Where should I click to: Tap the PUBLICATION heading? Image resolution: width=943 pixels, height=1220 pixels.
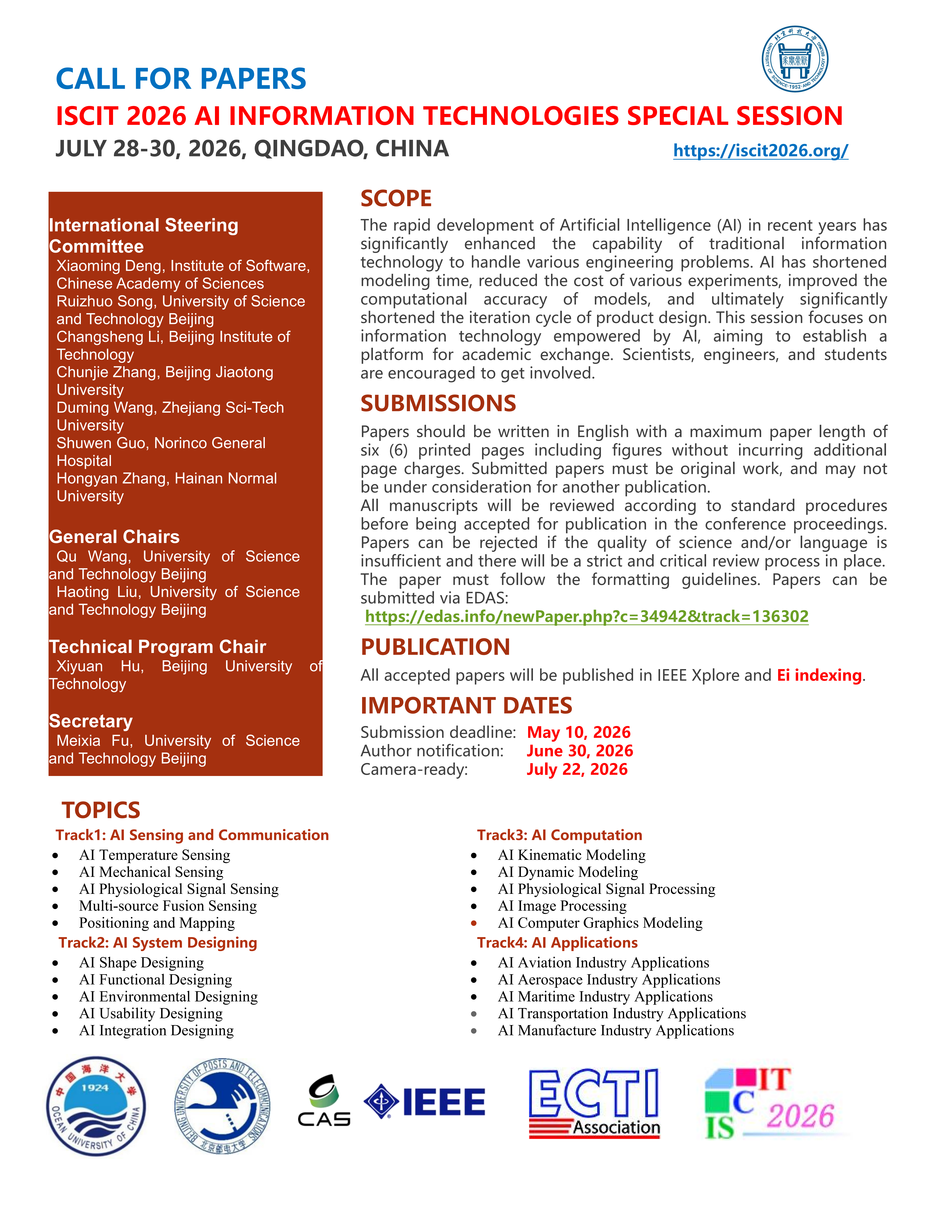435,647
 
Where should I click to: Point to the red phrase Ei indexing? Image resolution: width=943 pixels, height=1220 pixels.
819,675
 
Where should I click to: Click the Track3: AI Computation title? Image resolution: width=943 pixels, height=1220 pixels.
559,835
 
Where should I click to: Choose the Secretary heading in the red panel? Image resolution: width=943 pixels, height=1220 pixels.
91,721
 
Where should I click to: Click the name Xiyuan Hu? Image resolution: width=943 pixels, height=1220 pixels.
99,666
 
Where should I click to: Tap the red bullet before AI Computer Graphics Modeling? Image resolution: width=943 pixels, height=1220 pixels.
474,923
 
